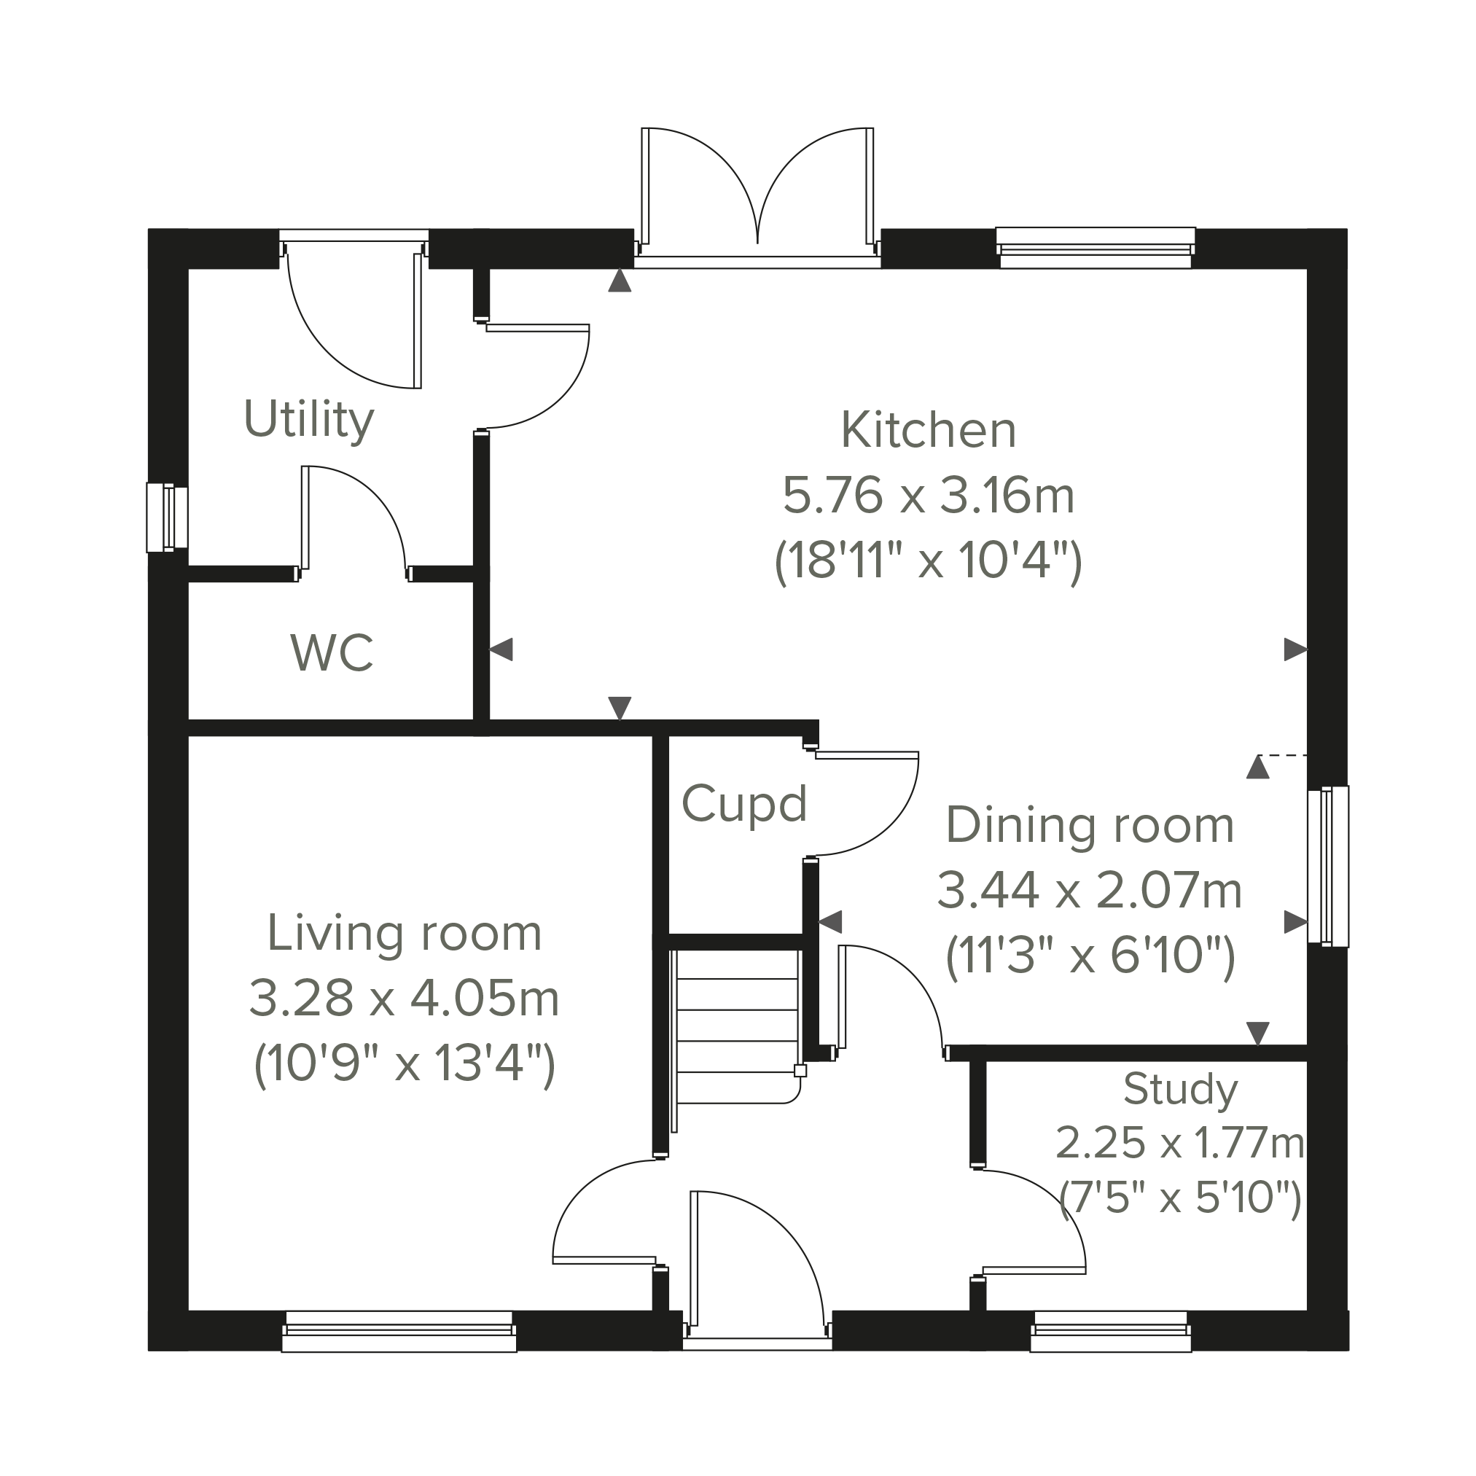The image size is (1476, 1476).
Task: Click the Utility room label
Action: [308, 420]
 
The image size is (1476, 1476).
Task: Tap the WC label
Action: [332, 653]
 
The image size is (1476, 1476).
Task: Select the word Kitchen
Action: [928, 430]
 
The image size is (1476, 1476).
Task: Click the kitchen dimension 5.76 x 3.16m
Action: [928, 495]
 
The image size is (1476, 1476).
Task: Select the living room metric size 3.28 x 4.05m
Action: [404, 998]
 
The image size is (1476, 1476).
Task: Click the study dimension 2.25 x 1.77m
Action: [1180, 1144]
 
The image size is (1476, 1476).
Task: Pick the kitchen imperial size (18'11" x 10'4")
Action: [928, 561]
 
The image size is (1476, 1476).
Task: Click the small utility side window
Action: [168, 518]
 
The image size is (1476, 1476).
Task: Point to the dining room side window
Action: [1328, 867]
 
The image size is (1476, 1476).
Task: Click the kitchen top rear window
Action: [1096, 249]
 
